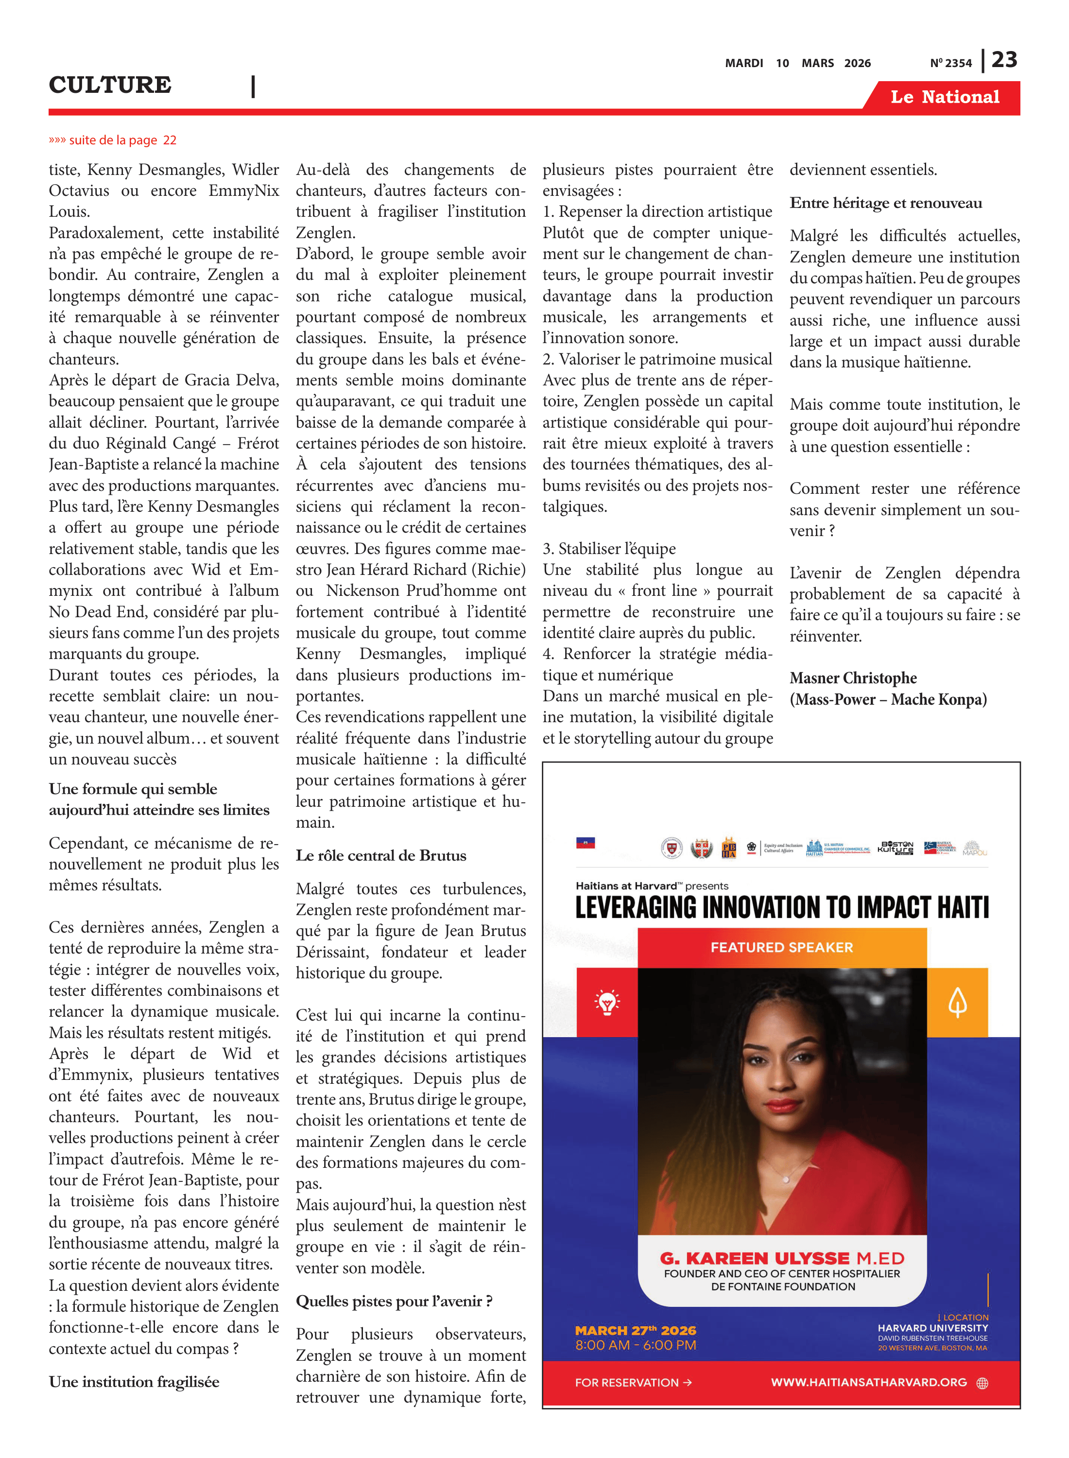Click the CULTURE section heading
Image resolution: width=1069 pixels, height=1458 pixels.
pyautogui.click(x=110, y=85)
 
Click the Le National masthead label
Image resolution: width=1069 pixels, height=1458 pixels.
pyautogui.click(x=944, y=97)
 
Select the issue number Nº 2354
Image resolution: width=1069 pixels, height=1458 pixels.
pyautogui.click(x=950, y=63)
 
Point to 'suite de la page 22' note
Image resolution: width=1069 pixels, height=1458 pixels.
pyautogui.click(x=113, y=140)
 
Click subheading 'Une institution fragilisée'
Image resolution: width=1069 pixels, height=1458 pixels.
pyautogui.click(x=134, y=1382)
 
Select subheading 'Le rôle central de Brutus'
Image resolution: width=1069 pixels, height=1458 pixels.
pyautogui.click(x=380, y=855)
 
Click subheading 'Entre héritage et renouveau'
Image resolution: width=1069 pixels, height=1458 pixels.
pyautogui.click(x=885, y=203)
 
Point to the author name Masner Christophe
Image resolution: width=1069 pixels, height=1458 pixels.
pyautogui.click(x=853, y=677)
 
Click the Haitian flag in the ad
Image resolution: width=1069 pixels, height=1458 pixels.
pyautogui.click(x=585, y=843)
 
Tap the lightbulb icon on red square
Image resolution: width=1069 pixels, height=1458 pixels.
pyautogui.click(x=606, y=1003)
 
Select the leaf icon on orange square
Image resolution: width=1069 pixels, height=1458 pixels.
pyautogui.click(x=957, y=1003)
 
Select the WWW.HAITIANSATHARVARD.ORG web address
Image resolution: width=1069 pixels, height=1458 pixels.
pyautogui.click(x=868, y=1382)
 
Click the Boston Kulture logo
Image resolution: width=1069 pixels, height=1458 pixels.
pyautogui.click(x=896, y=847)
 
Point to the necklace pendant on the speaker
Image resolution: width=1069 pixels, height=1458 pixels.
pyautogui.click(x=786, y=1179)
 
